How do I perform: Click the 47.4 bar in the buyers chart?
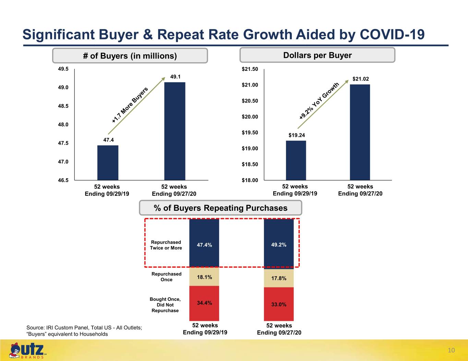[x=108, y=163]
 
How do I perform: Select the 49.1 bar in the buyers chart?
[x=175, y=131]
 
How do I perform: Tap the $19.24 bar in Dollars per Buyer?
[x=296, y=160]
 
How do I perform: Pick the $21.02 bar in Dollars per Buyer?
[x=360, y=132]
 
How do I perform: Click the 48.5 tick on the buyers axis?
[x=63, y=106]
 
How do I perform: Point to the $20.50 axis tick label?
[x=250, y=101]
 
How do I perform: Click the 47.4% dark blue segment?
[x=204, y=243]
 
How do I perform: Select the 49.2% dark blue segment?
[x=279, y=244]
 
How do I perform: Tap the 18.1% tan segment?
[x=204, y=276]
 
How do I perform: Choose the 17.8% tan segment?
[x=279, y=278]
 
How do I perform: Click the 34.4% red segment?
[x=204, y=303]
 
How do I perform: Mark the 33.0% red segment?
[x=279, y=304]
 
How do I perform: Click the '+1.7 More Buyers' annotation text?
[x=130, y=105]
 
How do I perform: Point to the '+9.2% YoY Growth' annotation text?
[x=319, y=101]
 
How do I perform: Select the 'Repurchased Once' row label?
[x=167, y=277]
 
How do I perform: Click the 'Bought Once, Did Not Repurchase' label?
[x=165, y=305]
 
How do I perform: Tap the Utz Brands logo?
[x=27, y=350]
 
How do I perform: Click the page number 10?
[x=451, y=350]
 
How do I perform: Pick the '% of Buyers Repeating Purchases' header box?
[x=220, y=208]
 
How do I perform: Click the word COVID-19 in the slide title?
[x=392, y=34]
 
